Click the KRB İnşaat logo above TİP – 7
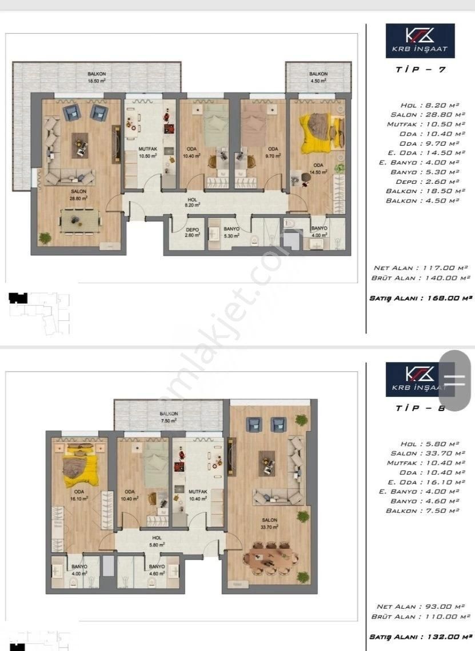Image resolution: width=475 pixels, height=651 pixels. pos(420,41)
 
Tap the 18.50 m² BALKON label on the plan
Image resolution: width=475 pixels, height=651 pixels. pos(97,78)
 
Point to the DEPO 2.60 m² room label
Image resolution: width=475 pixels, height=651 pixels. pos(192,232)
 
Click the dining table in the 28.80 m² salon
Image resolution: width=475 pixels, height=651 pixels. pos(79,220)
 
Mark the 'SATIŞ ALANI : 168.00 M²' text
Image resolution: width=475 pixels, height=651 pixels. pos(421,298)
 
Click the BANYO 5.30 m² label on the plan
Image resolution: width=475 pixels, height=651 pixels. pos(231,232)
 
